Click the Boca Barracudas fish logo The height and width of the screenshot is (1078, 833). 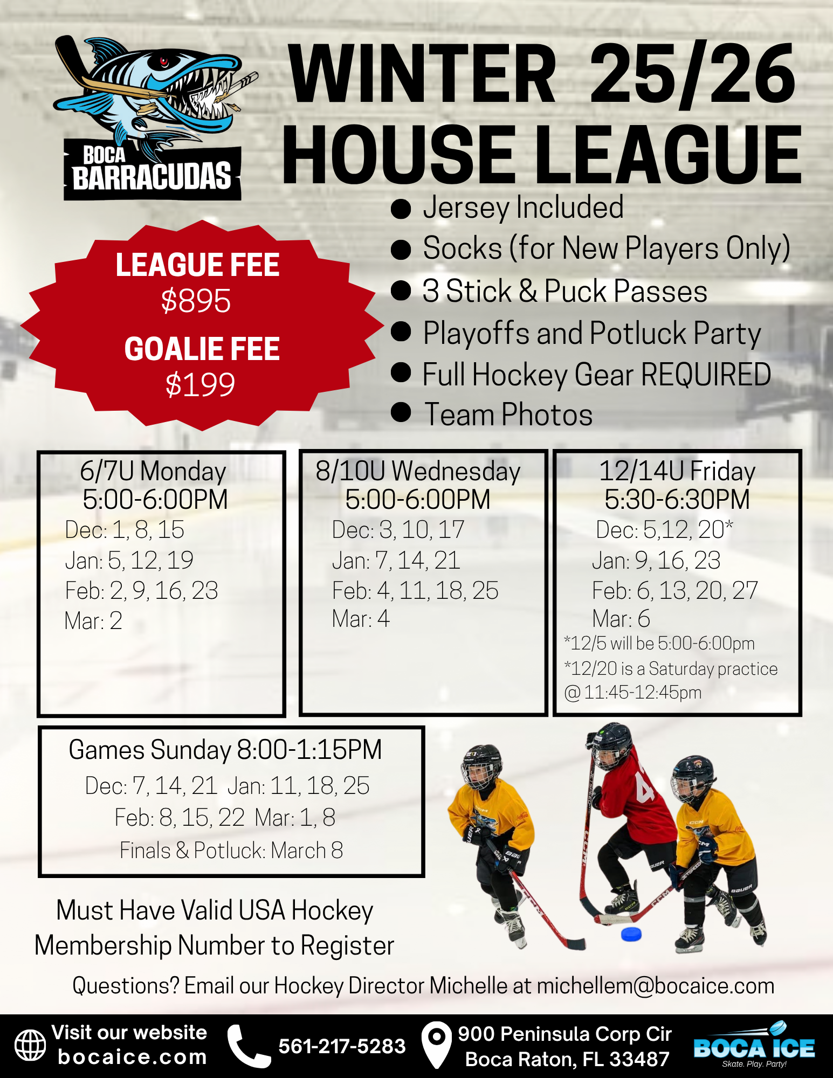[x=153, y=118]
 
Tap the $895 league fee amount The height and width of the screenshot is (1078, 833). [x=196, y=300]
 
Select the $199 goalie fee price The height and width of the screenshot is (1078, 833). [x=200, y=384]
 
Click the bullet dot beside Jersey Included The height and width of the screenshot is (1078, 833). [x=401, y=209]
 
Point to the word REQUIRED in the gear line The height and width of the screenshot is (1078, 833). [x=706, y=374]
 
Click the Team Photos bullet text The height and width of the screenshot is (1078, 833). [x=508, y=414]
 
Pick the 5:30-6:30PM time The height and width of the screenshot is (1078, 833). [x=677, y=499]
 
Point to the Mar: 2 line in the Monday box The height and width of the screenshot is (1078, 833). [x=93, y=621]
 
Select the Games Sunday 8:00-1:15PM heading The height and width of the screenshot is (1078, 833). [x=225, y=750]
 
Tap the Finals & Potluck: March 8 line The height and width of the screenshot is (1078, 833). [x=231, y=851]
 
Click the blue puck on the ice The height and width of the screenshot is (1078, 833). [x=631, y=934]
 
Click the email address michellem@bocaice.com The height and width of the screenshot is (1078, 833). [x=656, y=985]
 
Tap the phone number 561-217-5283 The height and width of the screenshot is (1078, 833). [x=342, y=1046]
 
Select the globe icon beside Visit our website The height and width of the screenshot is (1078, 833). [x=30, y=1045]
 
